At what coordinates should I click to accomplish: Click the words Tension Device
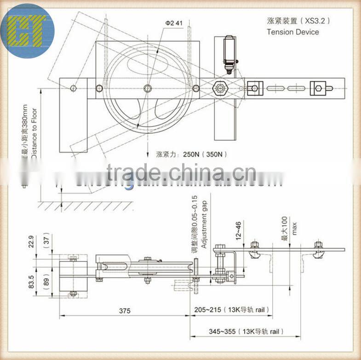point(292,32)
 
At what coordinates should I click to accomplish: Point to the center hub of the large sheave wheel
point(147,88)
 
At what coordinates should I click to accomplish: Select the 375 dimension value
point(124,311)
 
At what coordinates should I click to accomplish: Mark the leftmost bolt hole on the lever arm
point(73,88)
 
